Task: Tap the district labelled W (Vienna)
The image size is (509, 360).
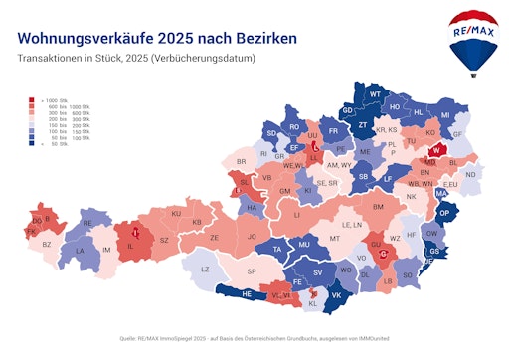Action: pos(436,150)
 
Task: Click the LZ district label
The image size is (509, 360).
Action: pos(206,270)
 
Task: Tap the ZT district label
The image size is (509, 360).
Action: pos(363,125)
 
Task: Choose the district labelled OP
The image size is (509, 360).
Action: pos(444,213)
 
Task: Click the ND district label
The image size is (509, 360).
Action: pos(471,175)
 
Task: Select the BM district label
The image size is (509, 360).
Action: pos(379,206)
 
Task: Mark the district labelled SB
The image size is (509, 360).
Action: pos(363,177)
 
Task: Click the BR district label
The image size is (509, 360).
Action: pos(240,161)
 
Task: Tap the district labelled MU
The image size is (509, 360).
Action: pos(304,244)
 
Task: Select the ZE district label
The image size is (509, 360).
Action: pos(214,238)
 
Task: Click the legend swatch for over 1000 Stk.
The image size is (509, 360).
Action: pos(33,99)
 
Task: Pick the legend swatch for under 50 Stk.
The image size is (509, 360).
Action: pos(33,144)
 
